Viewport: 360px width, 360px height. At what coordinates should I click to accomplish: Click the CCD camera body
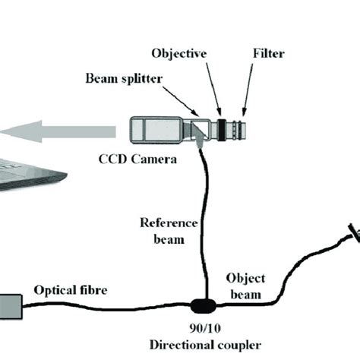[x=156, y=131]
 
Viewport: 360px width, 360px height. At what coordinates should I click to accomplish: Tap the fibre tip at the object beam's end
[x=353, y=231]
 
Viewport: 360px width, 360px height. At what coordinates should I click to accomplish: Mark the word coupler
[x=240, y=346]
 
